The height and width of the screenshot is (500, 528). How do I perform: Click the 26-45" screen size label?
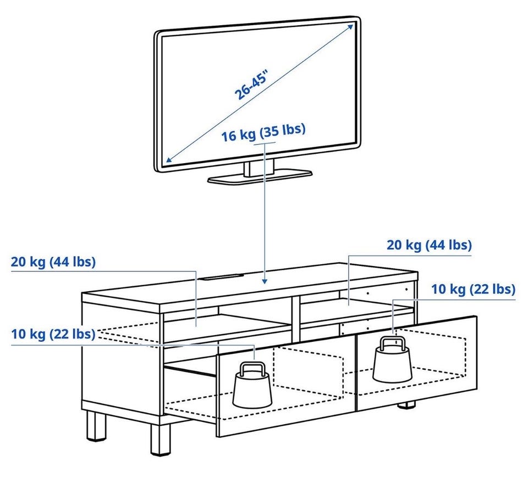click(x=252, y=85)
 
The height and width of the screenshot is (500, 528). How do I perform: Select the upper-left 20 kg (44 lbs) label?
click(x=53, y=262)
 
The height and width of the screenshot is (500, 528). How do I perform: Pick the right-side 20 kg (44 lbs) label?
click(x=429, y=245)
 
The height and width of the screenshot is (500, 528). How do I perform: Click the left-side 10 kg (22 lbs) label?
click(x=53, y=334)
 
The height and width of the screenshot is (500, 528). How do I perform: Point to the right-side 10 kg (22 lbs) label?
click(x=474, y=288)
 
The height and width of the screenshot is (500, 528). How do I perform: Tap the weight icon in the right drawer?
click(x=392, y=359)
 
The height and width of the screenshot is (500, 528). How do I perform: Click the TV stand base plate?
click(x=260, y=177)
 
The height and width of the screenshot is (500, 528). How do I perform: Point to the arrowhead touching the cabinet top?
click(x=265, y=280)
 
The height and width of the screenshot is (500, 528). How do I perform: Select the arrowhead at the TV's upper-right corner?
click(x=350, y=26)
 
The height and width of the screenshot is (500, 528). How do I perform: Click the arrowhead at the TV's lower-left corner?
click(x=169, y=159)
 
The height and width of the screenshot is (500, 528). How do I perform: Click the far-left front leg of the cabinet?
click(x=96, y=426)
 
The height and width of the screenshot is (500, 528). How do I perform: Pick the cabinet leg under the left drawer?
click(x=161, y=440)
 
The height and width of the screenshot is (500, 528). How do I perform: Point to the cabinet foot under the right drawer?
click(x=406, y=405)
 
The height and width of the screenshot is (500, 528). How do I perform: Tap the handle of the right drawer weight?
click(x=392, y=343)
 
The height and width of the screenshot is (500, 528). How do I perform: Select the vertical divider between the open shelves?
click(x=296, y=319)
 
